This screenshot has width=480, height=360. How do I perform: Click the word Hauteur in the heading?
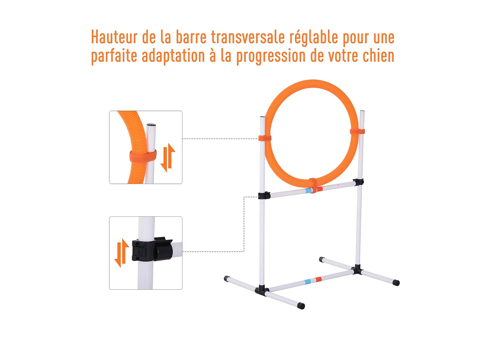(x=114, y=37)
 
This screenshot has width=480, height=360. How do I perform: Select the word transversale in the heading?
(x=248, y=37)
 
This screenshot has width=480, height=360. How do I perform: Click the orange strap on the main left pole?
(x=265, y=138)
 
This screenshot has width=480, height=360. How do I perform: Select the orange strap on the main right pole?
(x=357, y=131)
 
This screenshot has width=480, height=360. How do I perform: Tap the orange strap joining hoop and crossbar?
(x=313, y=186)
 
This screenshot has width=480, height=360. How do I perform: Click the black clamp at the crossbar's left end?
(x=264, y=195)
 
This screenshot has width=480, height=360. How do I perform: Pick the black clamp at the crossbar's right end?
(x=359, y=182)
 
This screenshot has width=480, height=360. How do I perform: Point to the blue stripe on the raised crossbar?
(x=308, y=190)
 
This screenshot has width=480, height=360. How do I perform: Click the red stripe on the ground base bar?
(x=318, y=280)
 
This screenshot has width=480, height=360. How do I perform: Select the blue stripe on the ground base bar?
(x=308, y=282)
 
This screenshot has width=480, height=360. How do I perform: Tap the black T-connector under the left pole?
(x=261, y=290)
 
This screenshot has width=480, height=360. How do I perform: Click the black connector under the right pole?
(x=357, y=269)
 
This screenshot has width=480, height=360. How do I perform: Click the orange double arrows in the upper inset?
(x=168, y=158)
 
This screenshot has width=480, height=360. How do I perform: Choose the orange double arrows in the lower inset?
(x=122, y=253)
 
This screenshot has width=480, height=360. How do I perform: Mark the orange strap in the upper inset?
(x=143, y=156)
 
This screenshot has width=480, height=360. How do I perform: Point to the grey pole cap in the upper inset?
(x=151, y=125)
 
